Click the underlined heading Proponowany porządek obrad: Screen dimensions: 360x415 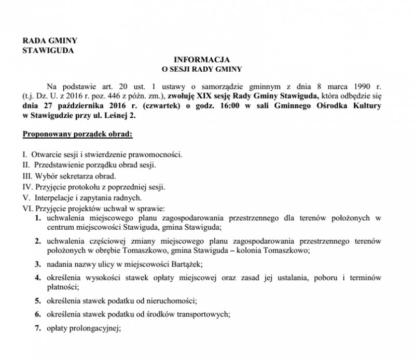(78, 136)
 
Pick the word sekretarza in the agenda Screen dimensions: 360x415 (72, 176)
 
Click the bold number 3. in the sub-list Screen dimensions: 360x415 (38, 264)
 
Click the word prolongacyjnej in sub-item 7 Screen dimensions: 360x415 (95, 327)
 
